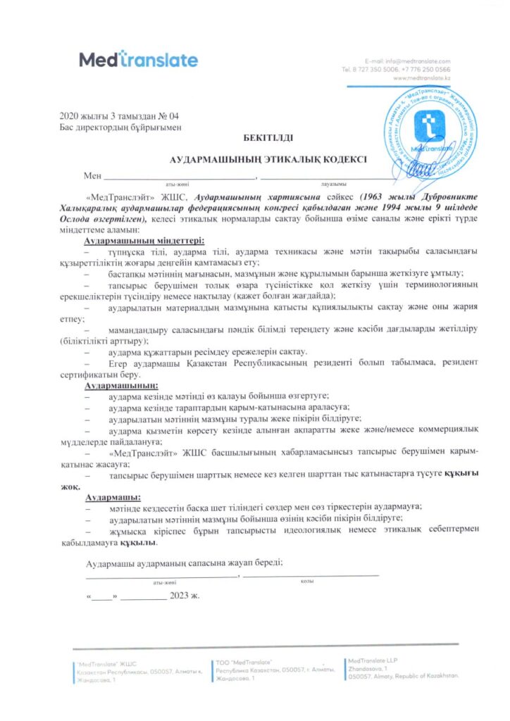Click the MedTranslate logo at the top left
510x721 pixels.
tap(138, 59)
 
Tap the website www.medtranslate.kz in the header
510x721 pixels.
tap(432, 77)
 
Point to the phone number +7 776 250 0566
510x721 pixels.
tap(430, 70)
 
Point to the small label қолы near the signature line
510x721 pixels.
tap(308, 580)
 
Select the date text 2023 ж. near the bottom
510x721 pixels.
tap(185, 596)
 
